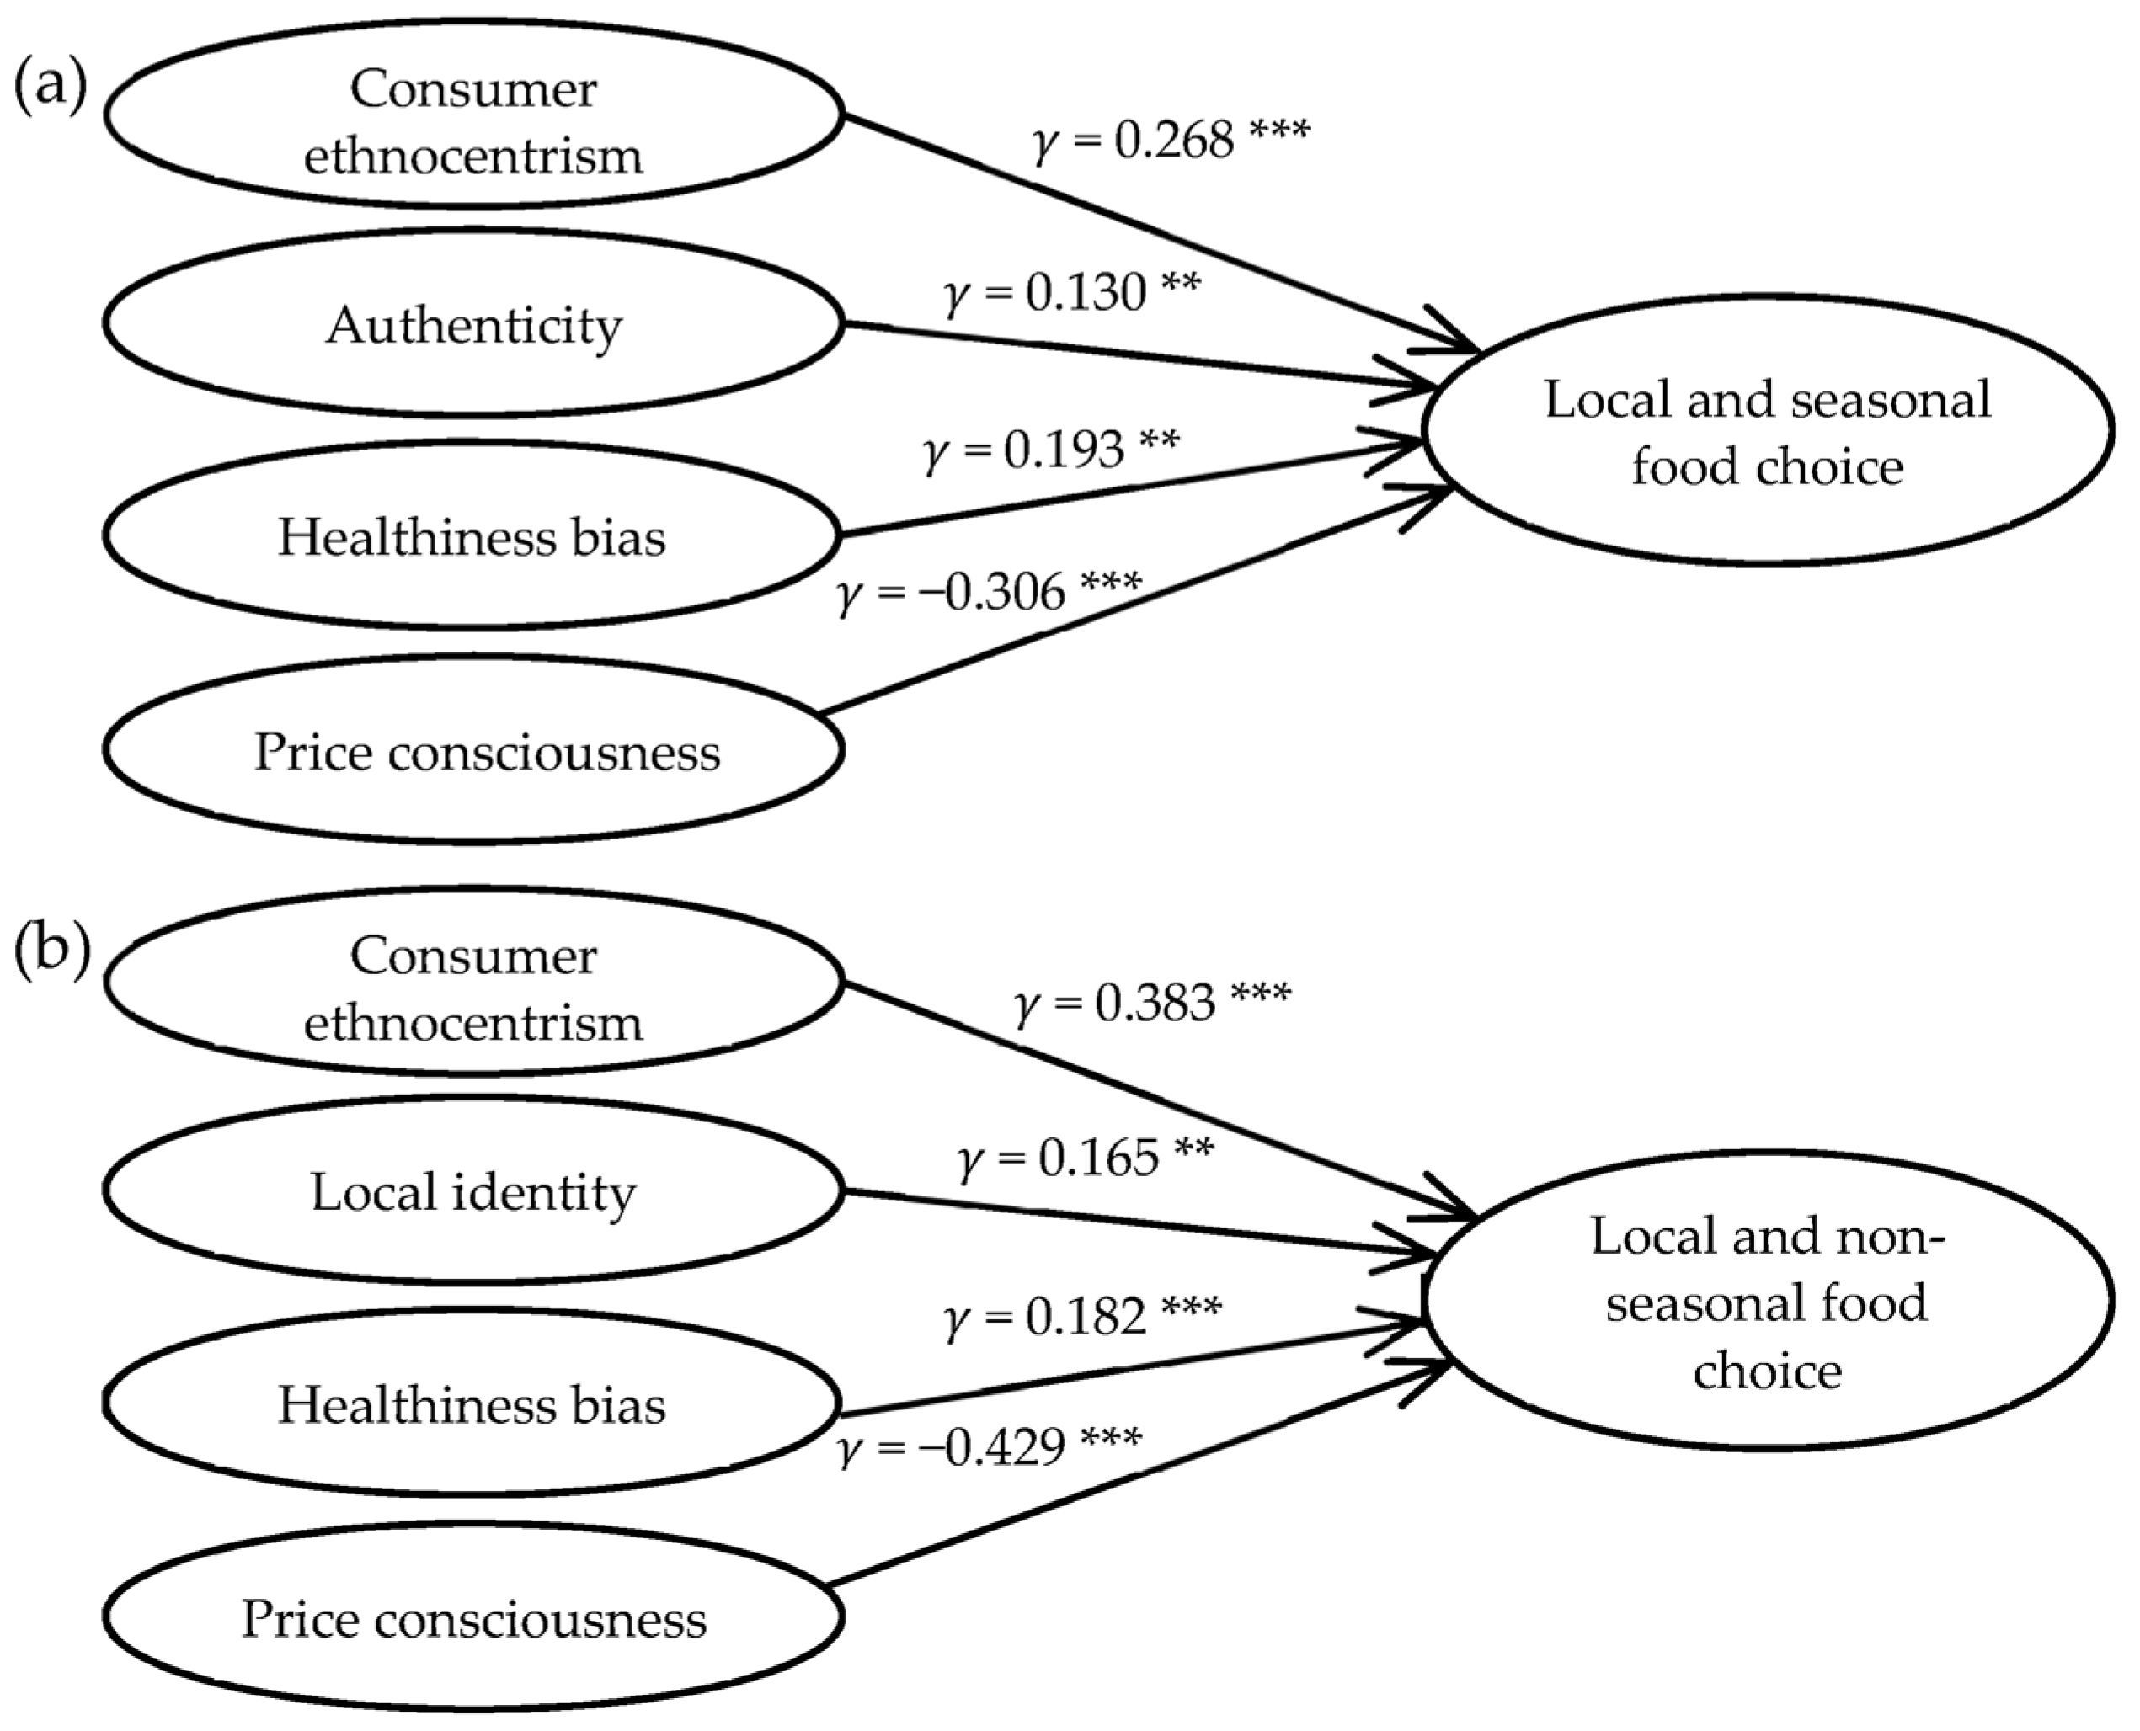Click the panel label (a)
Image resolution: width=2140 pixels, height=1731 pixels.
pyautogui.click(x=50, y=88)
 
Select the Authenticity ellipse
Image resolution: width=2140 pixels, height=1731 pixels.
pyautogui.click(x=473, y=325)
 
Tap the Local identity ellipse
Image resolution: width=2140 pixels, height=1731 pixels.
pyautogui.click(x=473, y=1192)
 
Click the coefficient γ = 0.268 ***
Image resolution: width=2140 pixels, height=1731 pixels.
pyautogui.click(x=1171, y=140)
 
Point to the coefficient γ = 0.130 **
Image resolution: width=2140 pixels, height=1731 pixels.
pyautogui.click(x=1072, y=292)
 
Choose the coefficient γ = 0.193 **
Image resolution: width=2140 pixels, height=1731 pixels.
pyautogui.click(x=1052, y=450)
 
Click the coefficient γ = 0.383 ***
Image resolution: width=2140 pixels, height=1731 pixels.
pyautogui.click(x=1152, y=1003)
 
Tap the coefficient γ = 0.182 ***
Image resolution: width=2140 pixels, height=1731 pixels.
pyautogui.click(x=1082, y=1316)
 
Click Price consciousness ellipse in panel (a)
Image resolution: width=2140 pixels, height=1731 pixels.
pyautogui.click(x=473, y=751)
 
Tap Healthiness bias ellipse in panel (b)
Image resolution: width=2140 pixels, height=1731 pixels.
pyautogui.click(x=473, y=1405)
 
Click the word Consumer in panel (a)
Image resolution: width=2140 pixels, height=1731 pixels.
pyautogui.click(x=473, y=90)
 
